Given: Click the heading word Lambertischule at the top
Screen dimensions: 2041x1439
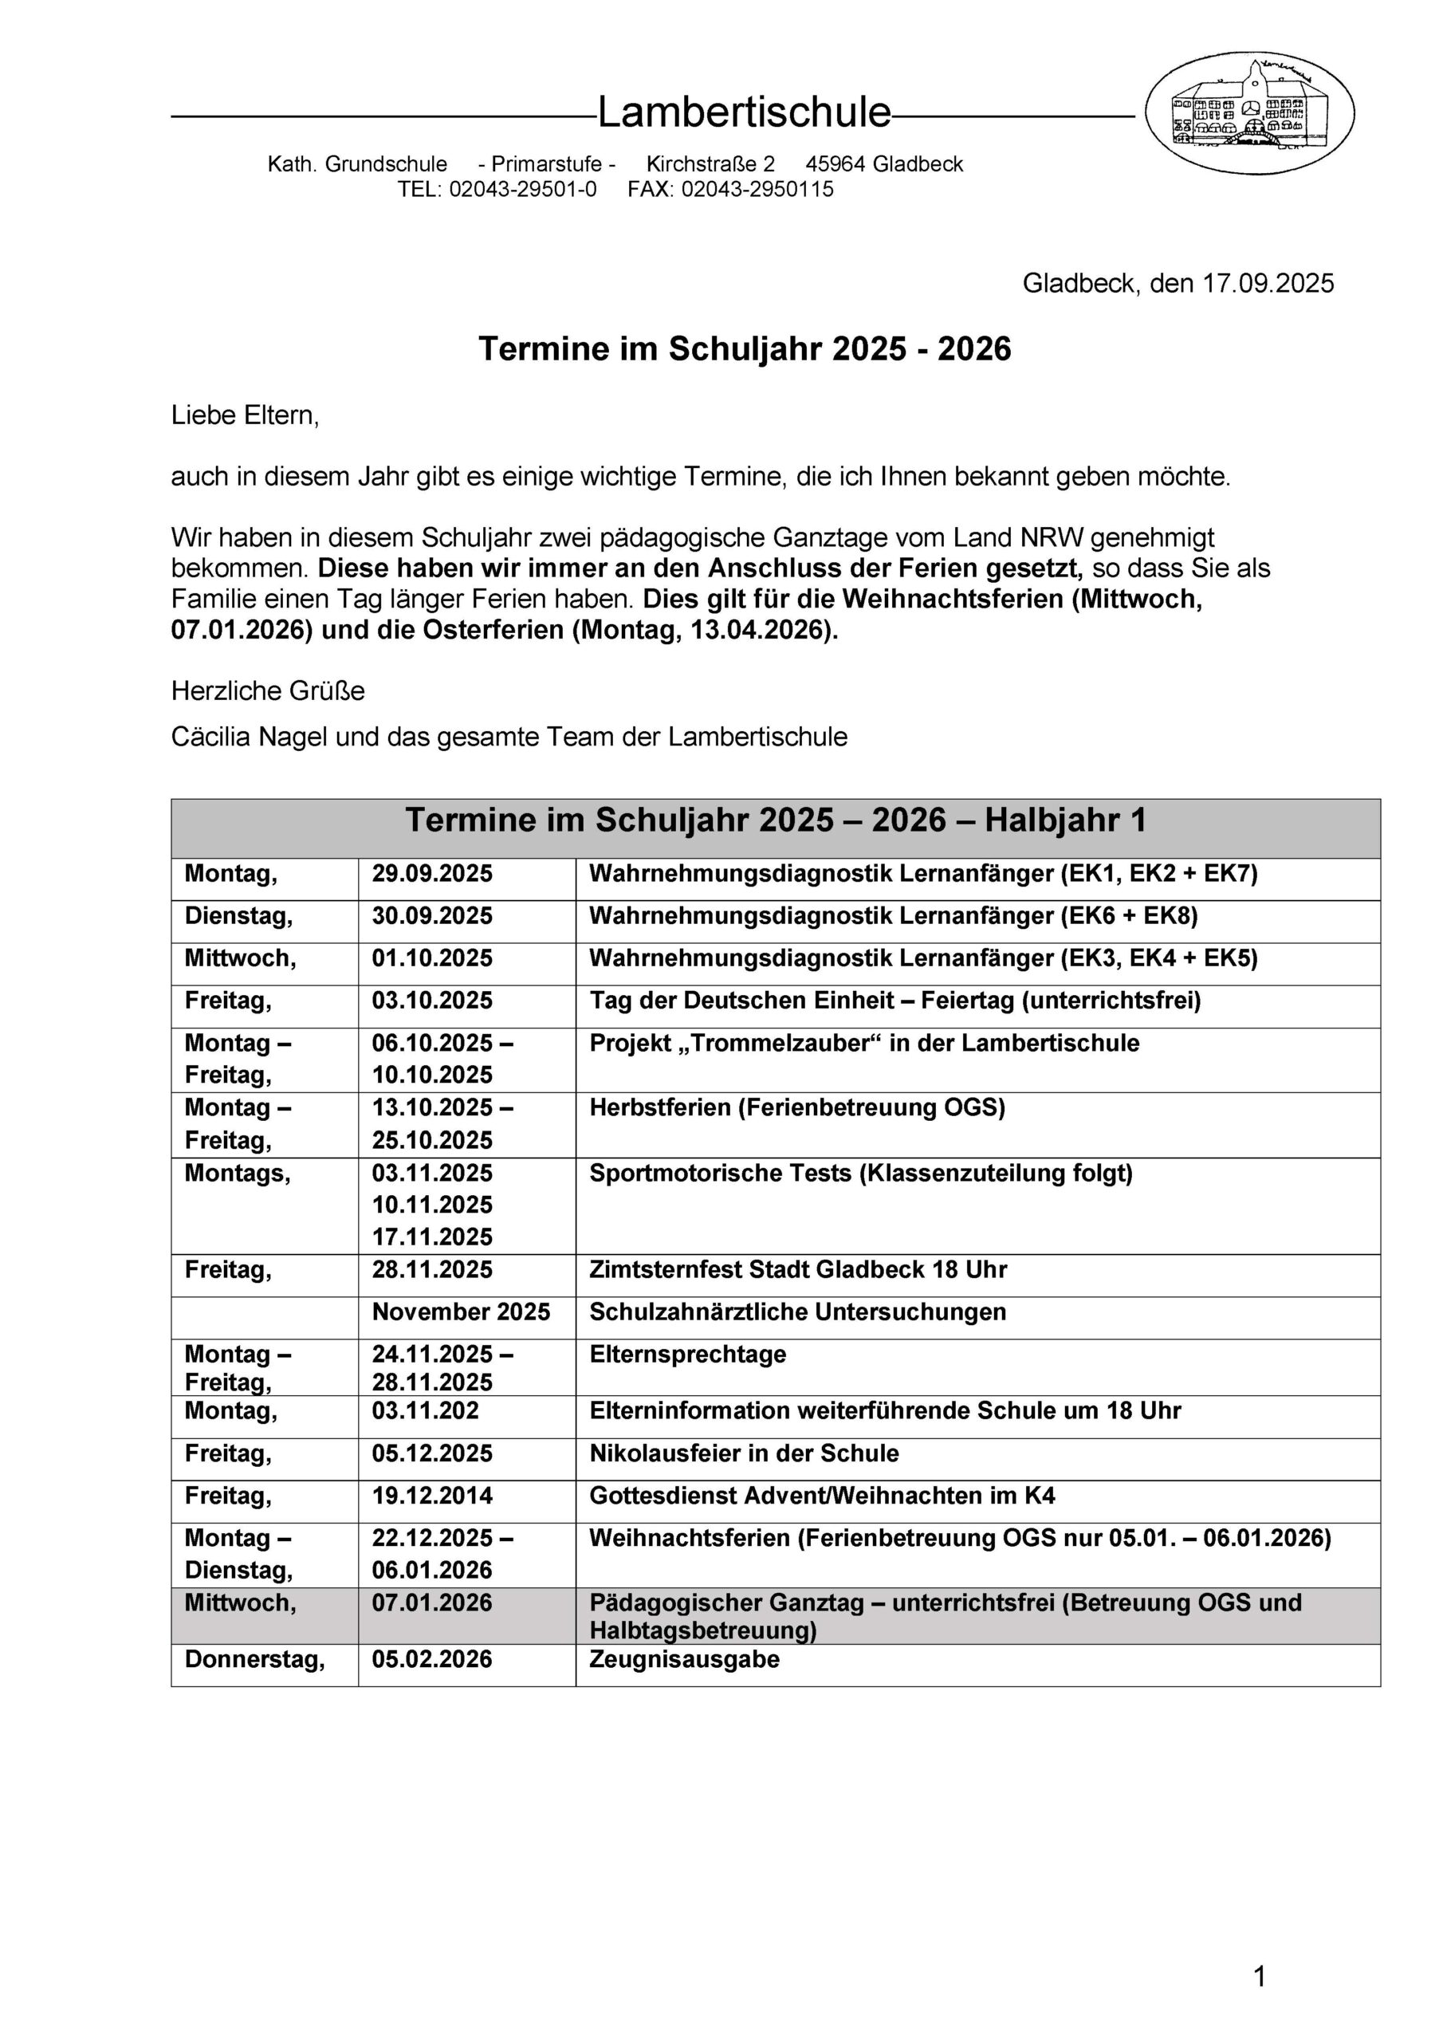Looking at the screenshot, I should [x=744, y=113].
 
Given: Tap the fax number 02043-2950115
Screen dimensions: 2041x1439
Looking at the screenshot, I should [x=757, y=189].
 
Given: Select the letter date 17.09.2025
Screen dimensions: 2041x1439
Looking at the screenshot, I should [x=1268, y=284].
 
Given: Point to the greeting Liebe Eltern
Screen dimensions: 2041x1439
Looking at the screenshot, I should [x=245, y=415].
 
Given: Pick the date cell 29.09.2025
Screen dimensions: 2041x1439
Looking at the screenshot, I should [x=432, y=874].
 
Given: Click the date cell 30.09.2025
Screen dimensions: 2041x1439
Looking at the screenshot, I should [x=432, y=917].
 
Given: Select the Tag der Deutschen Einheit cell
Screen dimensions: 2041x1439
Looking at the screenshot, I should [x=894, y=1001].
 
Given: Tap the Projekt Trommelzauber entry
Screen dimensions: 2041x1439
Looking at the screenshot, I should [x=864, y=1044].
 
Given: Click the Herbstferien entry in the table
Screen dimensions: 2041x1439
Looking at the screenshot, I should [x=797, y=1108].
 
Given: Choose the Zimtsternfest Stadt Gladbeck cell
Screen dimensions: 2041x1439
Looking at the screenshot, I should [x=798, y=1269].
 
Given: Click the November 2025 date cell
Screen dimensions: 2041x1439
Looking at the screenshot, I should [x=461, y=1312].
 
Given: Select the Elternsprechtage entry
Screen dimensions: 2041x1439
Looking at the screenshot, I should [x=688, y=1355].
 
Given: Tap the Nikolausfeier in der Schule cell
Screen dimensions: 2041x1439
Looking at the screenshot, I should [x=744, y=1453].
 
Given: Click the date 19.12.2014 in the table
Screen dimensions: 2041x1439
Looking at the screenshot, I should [x=432, y=1496].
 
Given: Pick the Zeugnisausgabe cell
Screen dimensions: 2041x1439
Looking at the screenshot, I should [x=684, y=1660].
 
